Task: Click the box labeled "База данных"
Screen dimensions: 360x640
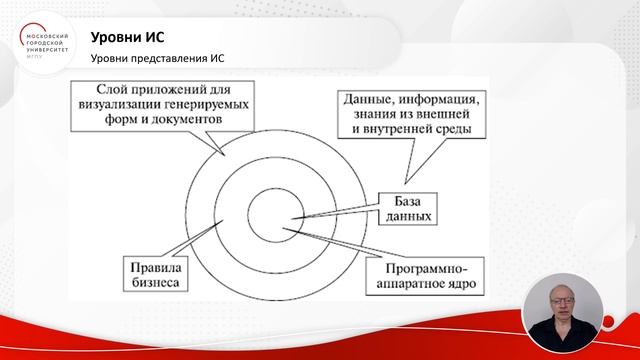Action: pos(407,208)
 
